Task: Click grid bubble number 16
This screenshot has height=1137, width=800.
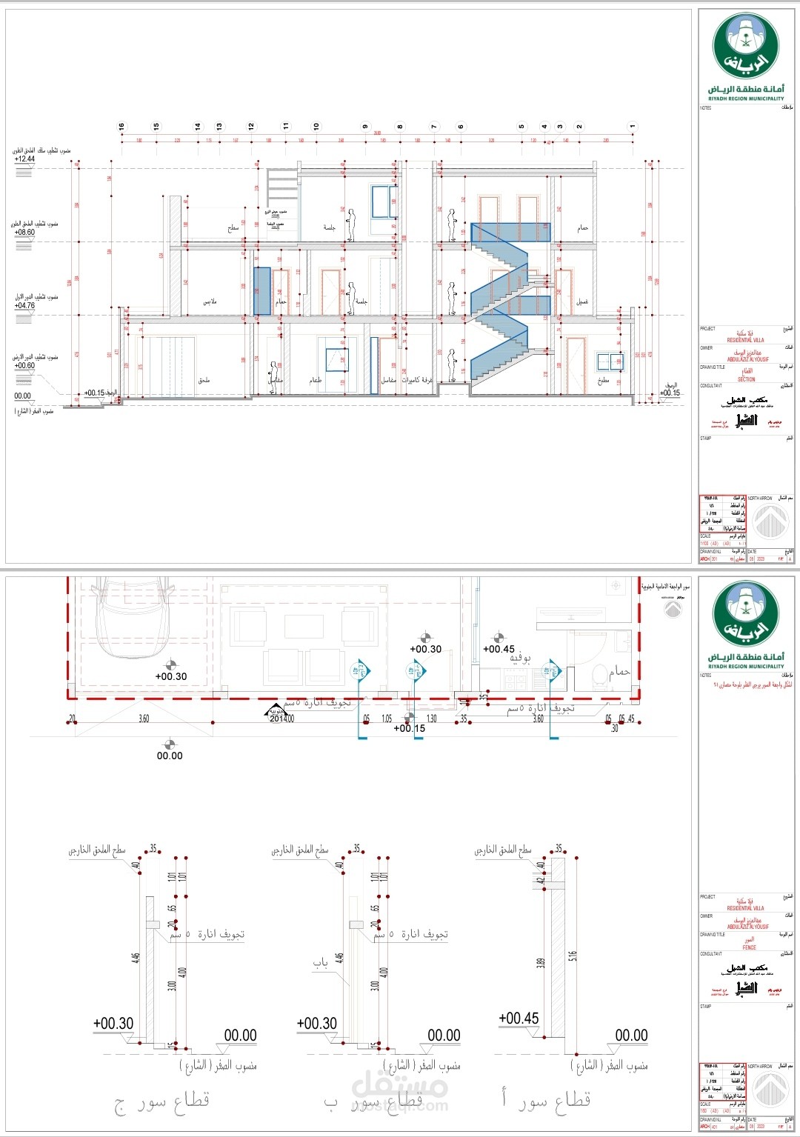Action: pos(121,127)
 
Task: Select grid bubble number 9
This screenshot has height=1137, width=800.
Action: pos(365,127)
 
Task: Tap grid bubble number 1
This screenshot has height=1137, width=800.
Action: pos(633,127)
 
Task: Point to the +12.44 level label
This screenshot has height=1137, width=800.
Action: pos(24,159)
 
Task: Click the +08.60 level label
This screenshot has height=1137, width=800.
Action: pos(24,233)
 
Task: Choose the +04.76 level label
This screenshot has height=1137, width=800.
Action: pos(24,305)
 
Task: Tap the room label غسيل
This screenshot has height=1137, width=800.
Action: pos(583,302)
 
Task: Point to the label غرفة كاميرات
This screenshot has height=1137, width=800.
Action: pos(417,381)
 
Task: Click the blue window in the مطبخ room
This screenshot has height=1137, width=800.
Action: pos(610,361)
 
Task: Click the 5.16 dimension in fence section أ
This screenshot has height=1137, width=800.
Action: pos(573,957)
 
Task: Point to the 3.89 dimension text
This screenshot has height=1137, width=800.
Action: pos(541,963)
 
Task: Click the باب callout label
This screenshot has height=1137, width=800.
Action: pos(320,963)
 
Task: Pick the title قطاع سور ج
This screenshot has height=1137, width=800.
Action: pos(162,1101)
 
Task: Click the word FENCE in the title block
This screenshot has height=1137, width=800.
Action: pos(749,947)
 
